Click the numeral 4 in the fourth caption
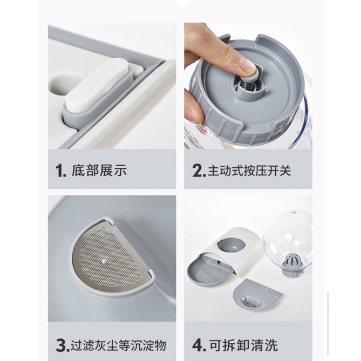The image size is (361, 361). pyautogui.click(x=198, y=344)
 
